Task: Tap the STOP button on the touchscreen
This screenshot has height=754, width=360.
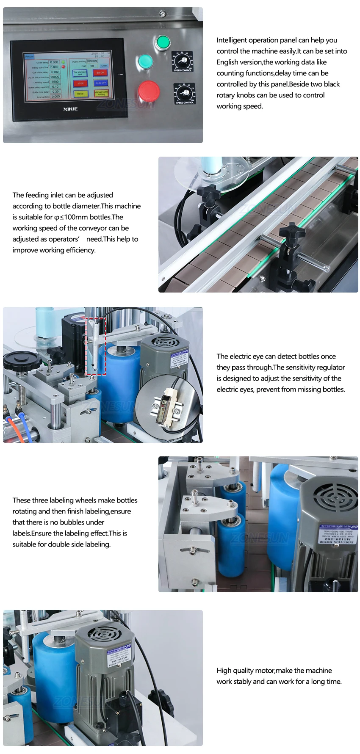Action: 80,83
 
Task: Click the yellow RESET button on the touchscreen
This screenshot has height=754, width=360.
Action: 80,94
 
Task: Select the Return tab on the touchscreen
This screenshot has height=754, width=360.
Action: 29,56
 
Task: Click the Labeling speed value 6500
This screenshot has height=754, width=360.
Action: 55,82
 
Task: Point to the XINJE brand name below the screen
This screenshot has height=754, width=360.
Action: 70,109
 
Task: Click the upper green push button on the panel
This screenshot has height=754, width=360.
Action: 162,42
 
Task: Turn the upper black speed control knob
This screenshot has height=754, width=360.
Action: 182,61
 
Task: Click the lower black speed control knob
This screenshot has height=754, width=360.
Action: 185,93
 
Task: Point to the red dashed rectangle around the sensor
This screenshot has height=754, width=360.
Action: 96,346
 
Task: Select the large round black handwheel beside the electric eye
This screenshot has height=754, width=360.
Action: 22,361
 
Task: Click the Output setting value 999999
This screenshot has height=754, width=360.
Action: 91,61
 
